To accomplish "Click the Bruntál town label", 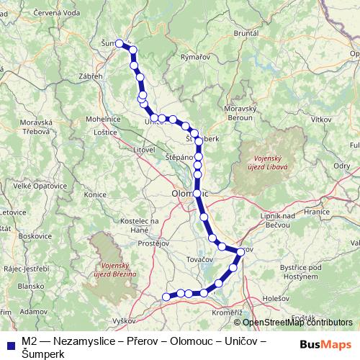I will [266, 33].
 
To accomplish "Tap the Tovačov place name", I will [200, 257].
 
